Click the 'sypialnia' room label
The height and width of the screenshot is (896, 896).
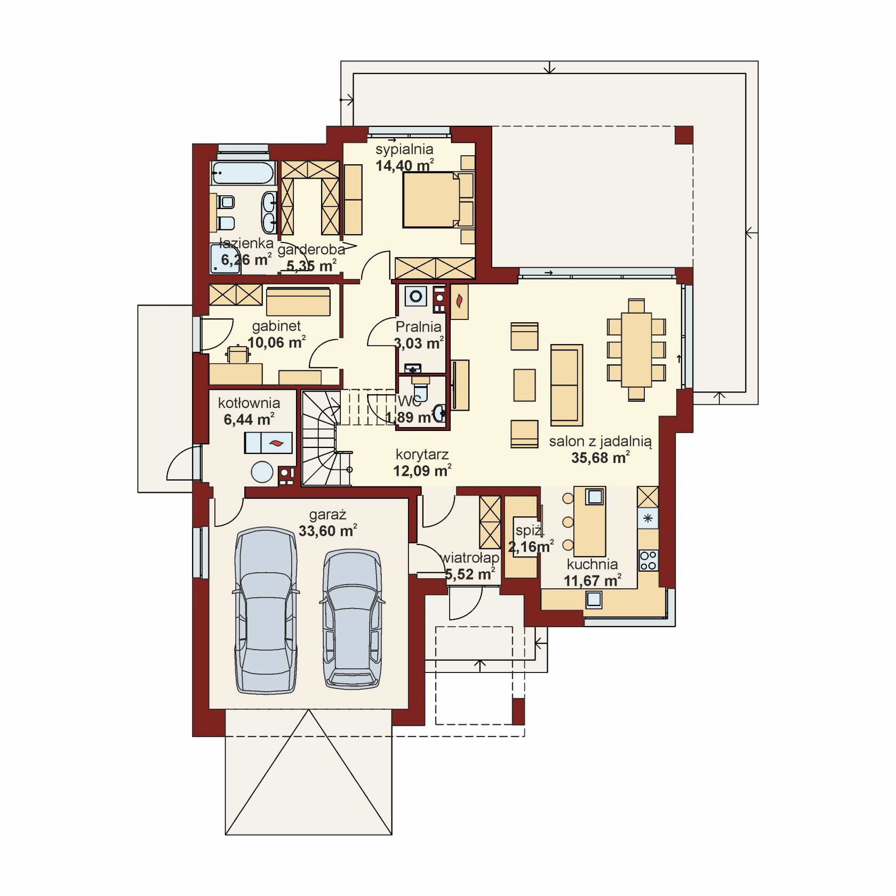[x=404, y=150]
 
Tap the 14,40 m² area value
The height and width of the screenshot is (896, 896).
[x=404, y=165]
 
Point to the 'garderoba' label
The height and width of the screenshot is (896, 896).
[x=311, y=249]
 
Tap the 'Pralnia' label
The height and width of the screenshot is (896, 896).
[x=419, y=327]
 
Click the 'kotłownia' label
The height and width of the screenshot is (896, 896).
[x=249, y=403]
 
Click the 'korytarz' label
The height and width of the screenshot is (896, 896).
[x=422, y=455]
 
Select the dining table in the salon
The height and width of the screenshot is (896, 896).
[x=636, y=349]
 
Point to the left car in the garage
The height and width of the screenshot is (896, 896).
[x=266, y=610]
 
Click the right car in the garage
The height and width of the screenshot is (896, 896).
[x=352, y=618]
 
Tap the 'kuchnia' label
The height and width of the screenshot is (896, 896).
[x=593, y=564]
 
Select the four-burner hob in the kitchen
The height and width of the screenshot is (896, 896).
[x=649, y=560]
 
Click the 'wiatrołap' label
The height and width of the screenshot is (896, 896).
[x=470, y=558]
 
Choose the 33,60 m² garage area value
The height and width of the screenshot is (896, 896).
[x=327, y=531]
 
